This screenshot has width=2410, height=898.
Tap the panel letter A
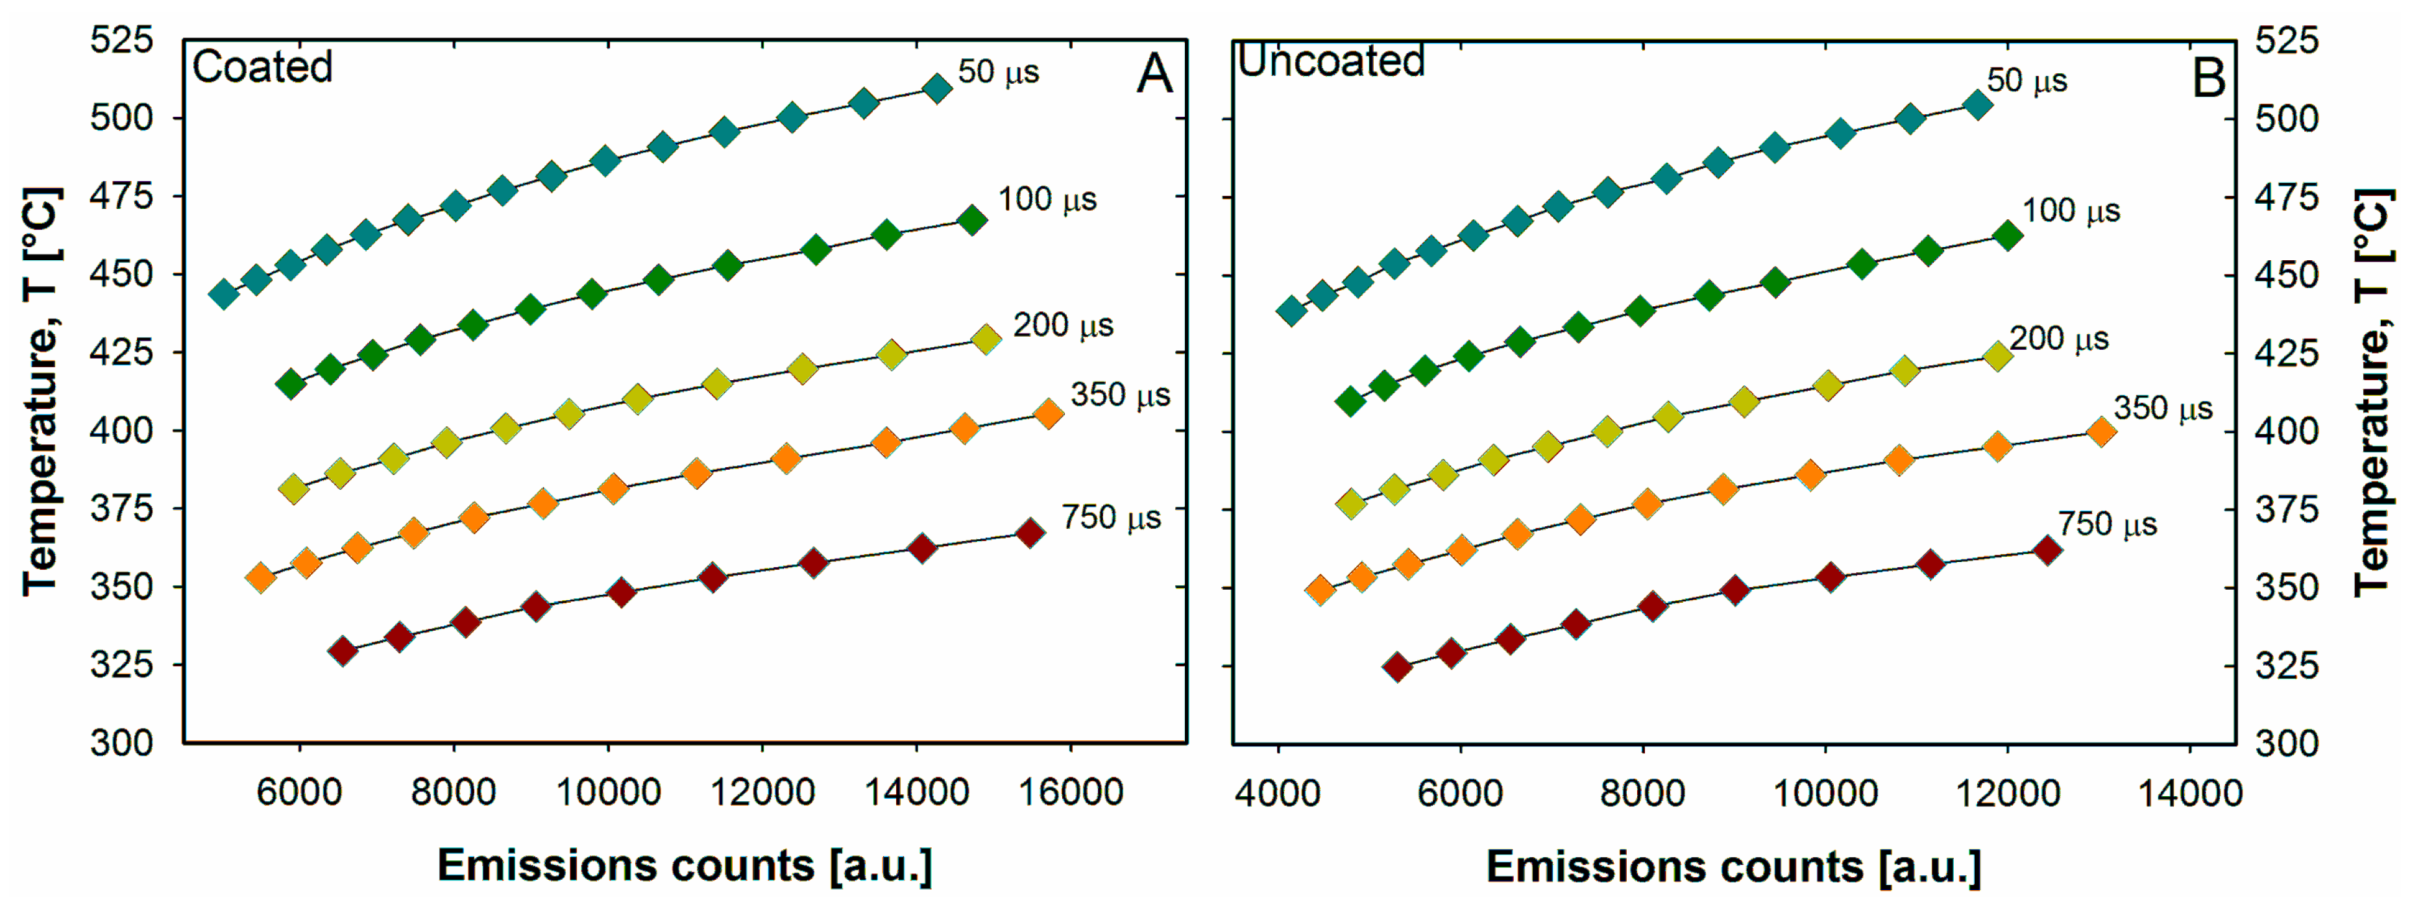[1154, 74]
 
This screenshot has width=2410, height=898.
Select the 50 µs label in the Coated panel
[998, 72]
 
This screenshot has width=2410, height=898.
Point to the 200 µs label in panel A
[1063, 326]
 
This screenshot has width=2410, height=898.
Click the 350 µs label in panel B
[2163, 409]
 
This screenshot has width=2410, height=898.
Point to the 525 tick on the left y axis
[121, 40]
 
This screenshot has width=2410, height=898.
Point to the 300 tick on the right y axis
[2287, 744]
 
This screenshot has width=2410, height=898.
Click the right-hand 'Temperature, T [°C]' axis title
[2374, 393]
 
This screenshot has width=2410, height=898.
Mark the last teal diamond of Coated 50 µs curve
[936, 89]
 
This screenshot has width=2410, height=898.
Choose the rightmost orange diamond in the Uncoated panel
[2101, 432]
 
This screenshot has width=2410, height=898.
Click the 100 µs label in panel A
[1047, 199]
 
